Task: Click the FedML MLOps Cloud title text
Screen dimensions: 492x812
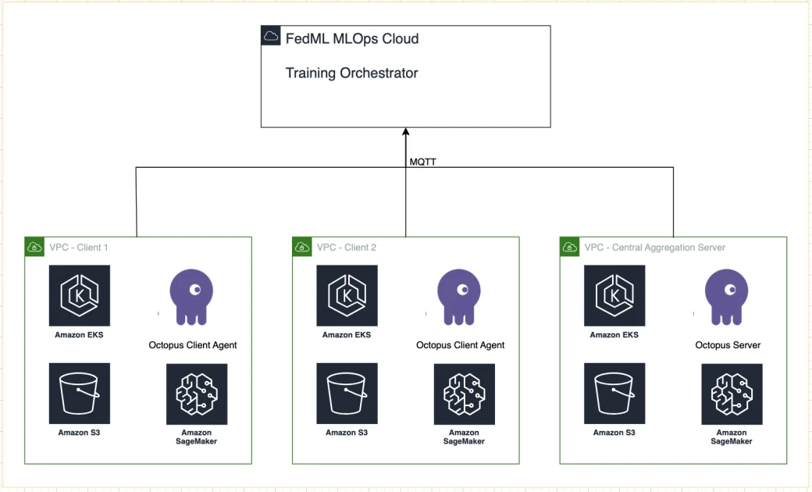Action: [x=352, y=39]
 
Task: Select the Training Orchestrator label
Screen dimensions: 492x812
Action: [x=351, y=73]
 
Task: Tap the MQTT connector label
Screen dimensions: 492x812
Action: [x=422, y=162]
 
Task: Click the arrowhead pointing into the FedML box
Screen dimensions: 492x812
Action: [x=406, y=133]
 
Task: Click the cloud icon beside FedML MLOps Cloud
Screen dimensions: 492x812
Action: [x=271, y=36]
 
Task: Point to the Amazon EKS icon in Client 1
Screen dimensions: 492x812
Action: [x=79, y=295]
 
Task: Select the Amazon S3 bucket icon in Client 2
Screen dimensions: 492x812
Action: [x=347, y=394]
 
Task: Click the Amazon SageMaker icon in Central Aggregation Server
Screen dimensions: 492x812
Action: [x=732, y=394]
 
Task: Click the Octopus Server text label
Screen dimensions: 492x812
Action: [x=728, y=345]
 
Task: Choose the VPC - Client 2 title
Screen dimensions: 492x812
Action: [x=347, y=248]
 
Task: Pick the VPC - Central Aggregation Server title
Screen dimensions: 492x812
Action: [x=654, y=248]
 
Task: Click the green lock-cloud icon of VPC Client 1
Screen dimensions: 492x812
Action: [x=34, y=247]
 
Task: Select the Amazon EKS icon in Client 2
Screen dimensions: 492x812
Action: [x=347, y=295]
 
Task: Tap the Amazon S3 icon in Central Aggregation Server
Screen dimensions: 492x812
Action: [x=614, y=394]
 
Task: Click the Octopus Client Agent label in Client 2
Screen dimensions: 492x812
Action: [x=460, y=345]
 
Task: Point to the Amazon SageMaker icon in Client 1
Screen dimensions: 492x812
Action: [x=197, y=394]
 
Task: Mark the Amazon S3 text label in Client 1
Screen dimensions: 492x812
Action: [x=79, y=433]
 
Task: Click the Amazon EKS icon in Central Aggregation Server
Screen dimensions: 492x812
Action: [x=614, y=295]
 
